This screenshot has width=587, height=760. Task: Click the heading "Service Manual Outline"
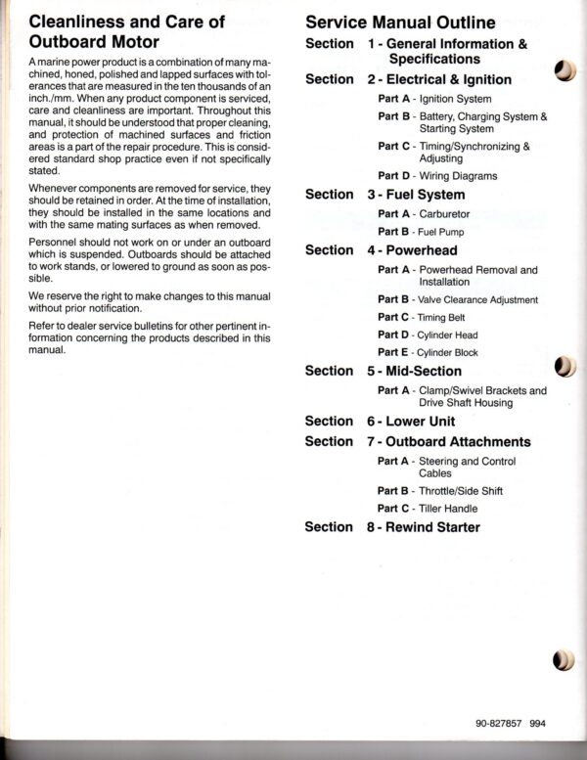(x=400, y=22)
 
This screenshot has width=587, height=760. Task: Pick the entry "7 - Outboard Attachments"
(x=449, y=441)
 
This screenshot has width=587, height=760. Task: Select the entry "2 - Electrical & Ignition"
(x=439, y=79)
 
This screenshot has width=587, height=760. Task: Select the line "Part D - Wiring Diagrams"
(x=437, y=176)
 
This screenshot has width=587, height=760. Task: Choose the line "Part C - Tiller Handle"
(x=428, y=508)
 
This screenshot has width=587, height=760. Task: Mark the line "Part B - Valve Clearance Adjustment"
(x=457, y=299)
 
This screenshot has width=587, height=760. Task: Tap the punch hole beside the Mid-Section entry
(x=564, y=367)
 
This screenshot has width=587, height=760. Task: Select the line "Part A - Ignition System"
(x=434, y=99)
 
